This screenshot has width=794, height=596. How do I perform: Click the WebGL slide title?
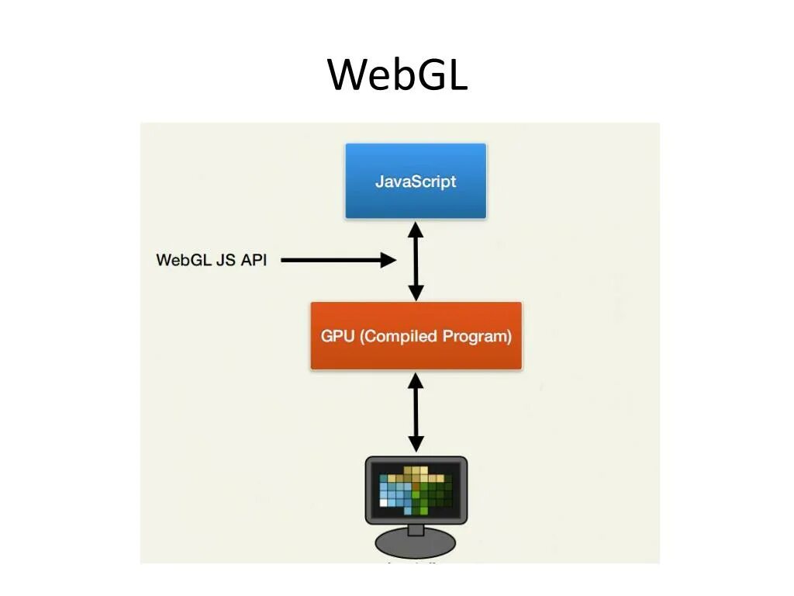397,75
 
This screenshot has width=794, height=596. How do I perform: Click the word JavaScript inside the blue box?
416,182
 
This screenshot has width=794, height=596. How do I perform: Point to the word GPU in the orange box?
339,337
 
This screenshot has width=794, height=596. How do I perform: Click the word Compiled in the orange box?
401,337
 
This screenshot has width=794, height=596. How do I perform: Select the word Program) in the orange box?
477,337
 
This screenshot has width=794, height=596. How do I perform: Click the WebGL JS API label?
211,260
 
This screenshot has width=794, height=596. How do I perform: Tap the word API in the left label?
254,260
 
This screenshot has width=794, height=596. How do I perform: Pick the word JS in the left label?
224,260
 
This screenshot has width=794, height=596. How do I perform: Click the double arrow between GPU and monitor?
416,411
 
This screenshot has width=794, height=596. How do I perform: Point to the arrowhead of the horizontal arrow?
388,260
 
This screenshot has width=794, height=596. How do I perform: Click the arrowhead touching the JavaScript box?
416,229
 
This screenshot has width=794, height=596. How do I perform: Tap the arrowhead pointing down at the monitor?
416,443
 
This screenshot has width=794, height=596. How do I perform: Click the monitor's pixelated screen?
416,490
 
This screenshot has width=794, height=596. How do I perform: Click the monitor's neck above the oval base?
416,529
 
